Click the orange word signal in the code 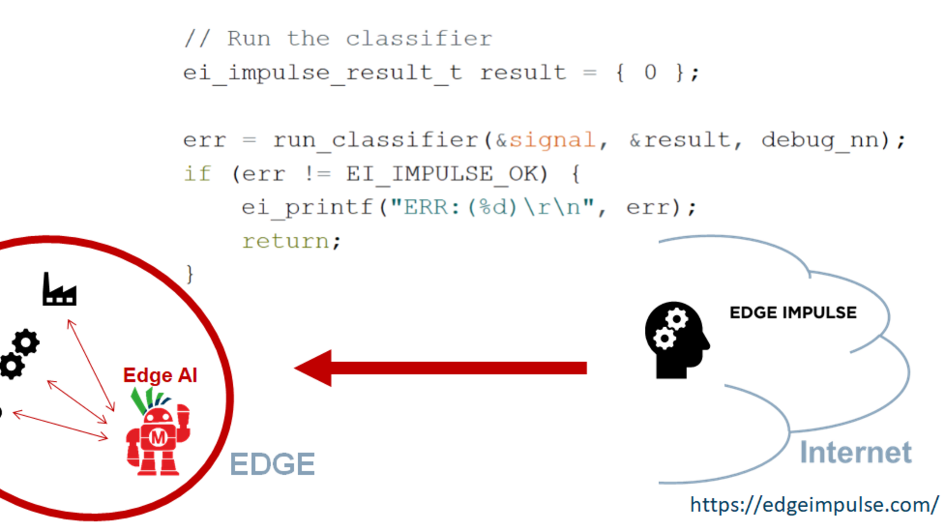[x=552, y=140]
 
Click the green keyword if [x=197, y=174]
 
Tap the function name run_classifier [x=376, y=140]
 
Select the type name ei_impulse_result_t [x=322, y=73]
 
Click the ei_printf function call [x=307, y=207]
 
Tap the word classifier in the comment [x=418, y=39]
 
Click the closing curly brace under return [x=190, y=274]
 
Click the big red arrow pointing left [x=440, y=368]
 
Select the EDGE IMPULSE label [x=793, y=312]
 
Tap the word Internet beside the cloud [x=855, y=453]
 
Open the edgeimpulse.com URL [x=814, y=505]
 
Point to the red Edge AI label [x=160, y=376]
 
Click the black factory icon [x=59, y=289]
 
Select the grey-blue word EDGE [x=272, y=464]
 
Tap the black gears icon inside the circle [x=19, y=353]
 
